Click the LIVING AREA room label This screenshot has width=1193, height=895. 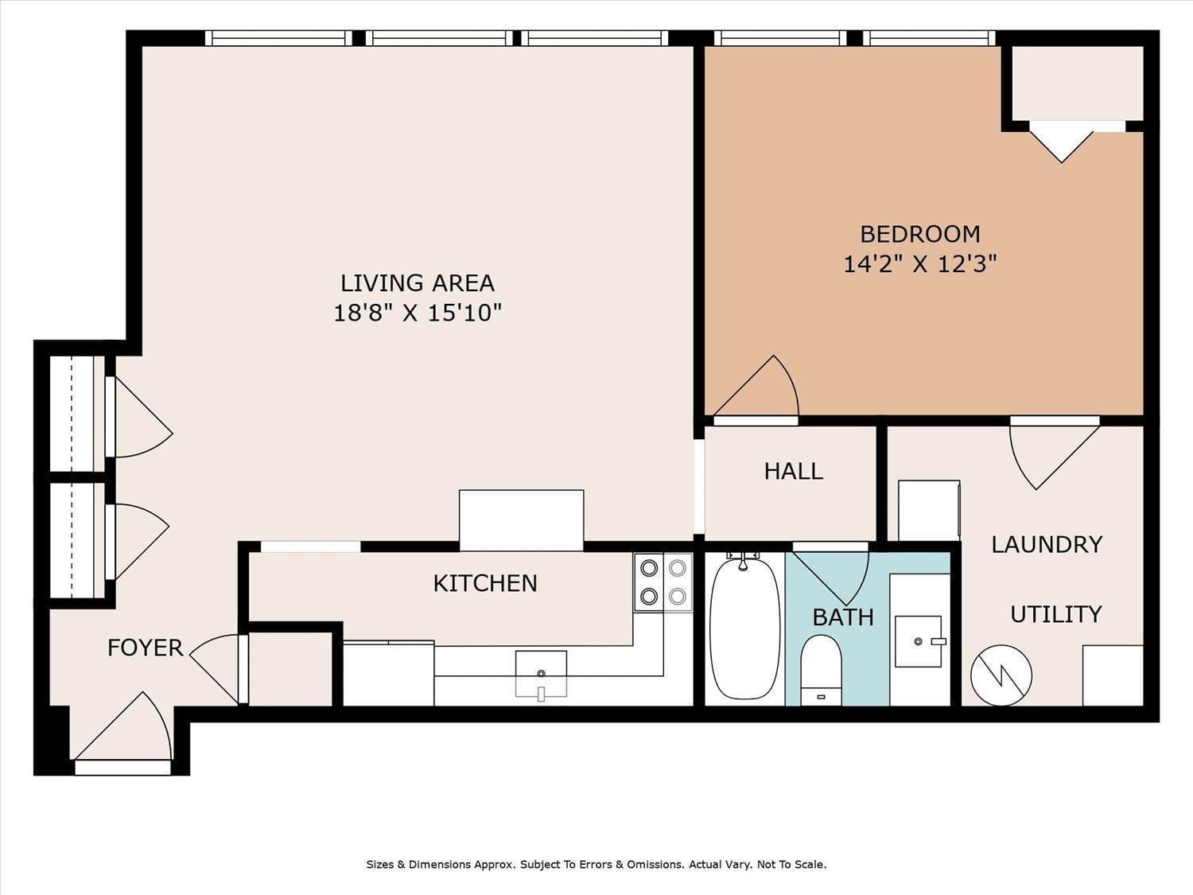point(417,283)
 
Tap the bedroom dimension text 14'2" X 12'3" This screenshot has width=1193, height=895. point(919,263)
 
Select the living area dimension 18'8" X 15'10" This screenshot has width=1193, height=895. point(417,313)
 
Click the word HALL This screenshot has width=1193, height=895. point(793,471)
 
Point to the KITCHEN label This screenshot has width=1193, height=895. point(484,583)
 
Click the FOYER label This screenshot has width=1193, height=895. point(145,648)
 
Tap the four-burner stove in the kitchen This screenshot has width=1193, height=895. point(663,582)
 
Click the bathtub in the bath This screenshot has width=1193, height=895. point(744,628)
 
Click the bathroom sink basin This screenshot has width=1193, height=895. point(919,640)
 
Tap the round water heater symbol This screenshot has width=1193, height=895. point(1001,675)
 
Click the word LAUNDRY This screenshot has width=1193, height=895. point(1047,544)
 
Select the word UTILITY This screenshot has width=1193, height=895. point(1055,614)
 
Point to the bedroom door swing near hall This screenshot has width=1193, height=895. point(760,390)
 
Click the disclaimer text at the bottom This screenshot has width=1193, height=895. point(596,864)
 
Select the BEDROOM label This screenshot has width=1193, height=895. point(919,234)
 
